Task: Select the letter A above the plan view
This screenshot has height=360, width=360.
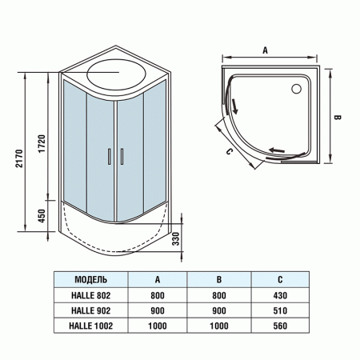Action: [264, 49]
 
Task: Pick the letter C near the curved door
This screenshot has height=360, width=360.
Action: [230, 150]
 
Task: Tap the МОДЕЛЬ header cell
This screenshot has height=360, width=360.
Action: [91, 280]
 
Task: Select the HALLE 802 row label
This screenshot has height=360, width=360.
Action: [91, 295]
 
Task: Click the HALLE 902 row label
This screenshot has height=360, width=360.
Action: [91, 310]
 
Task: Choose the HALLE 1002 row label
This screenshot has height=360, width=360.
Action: [91, 326]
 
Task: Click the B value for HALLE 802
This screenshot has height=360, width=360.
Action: [218, 295]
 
